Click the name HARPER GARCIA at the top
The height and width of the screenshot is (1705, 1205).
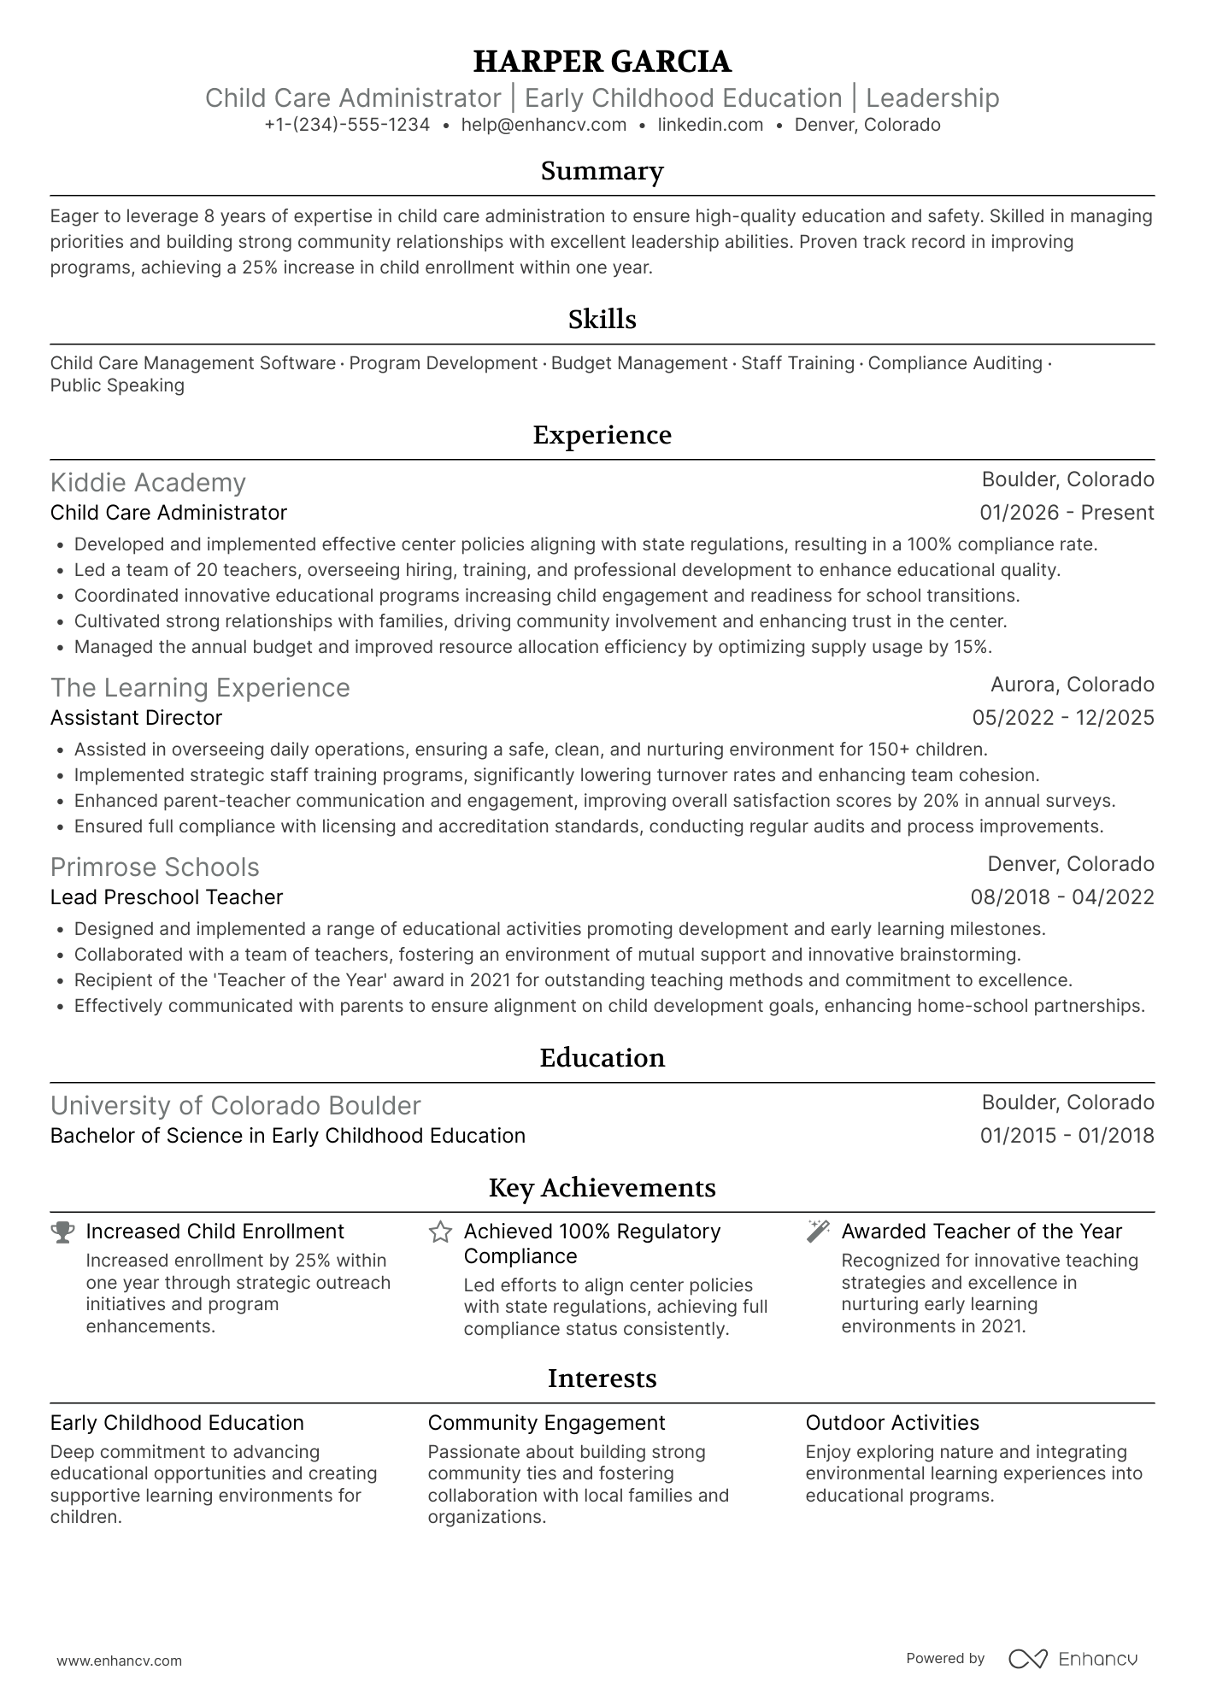pyautogui.click(x=602, y=62)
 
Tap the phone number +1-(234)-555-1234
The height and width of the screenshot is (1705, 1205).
pyautogui.click(x=347, y=125)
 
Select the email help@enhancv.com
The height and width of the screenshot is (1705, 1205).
pyautogui.click(x=544, y=125)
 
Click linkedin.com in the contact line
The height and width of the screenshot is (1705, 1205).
pyautogui.click(x=710, y=125)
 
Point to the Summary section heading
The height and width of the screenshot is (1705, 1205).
pyautogui.click(x=602, y=171)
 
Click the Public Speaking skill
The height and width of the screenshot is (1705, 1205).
pyautogui.click(x=117, y=385)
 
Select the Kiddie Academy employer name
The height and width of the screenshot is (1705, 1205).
pyautogui.click(x=148, y=483)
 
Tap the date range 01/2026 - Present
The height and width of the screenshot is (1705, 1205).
pyautogui.click(x=1067, y=513)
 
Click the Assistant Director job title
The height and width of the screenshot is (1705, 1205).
pyautogui.click(x=136, y=718)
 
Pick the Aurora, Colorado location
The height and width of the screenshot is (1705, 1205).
pyautogui.click(x=1072, y=685)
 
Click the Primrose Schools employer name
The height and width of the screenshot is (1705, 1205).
pyautogui.click(x=155, y=867)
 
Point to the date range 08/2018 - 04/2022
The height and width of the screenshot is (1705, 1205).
pyautogui.click(x=1062, y=897)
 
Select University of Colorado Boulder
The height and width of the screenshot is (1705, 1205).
pyautogui.click(x=236, y=1106)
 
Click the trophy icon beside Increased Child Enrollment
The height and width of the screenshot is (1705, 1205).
pyautogui.click(x=62, y=1232)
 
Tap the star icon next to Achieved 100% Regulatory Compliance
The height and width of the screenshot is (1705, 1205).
pyautogui.click(x=440, y=1232)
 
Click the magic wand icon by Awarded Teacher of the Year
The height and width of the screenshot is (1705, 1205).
pyautogui.click(x=818, y=1232)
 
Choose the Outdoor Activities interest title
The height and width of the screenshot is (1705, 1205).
pyautogui.click(x=892, y=1423)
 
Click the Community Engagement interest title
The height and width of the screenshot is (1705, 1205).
pyautogui.click(x=546, y=1423)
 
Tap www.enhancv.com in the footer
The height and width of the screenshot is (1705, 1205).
pyautogui.click(x=120, y=1661)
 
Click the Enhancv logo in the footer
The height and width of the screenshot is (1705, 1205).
pyautogui.click(x=1073, y=1659)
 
